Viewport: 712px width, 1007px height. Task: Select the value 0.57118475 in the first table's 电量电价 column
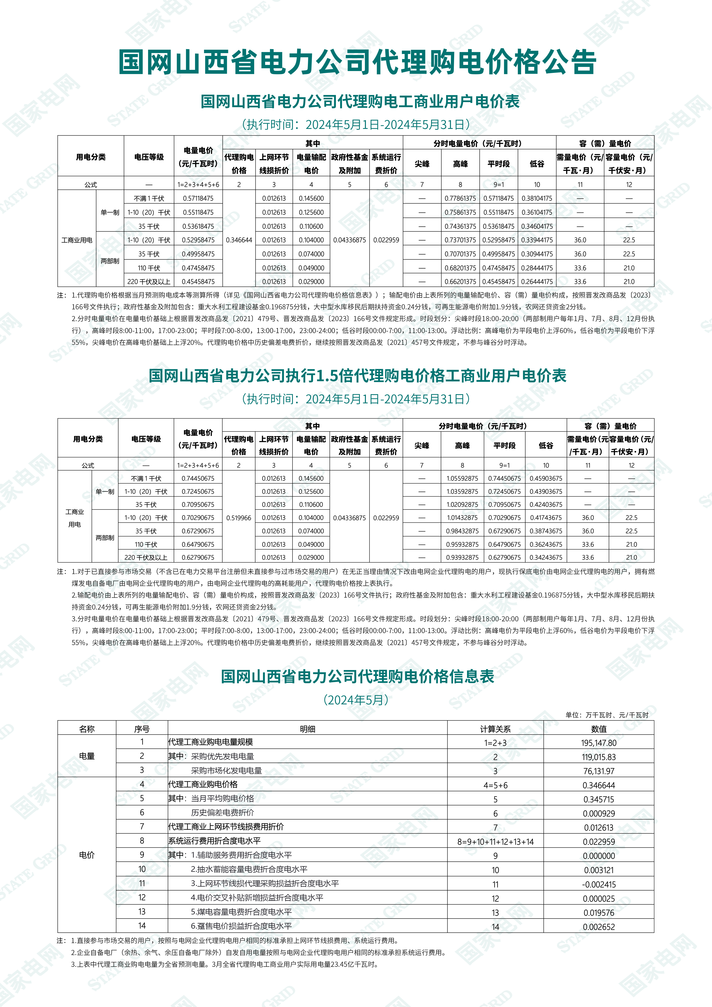point(198,198)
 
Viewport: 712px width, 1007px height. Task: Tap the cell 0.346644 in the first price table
point(239,240)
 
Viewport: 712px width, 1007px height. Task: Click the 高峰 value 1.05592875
point(462,478)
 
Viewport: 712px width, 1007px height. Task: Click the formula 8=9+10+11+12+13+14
point(495,842)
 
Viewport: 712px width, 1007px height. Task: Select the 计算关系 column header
point(495,729)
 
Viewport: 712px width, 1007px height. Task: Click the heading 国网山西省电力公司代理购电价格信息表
point(357,676)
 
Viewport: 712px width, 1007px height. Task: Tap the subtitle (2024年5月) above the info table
point(356,700)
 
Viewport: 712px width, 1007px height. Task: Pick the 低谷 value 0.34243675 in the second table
point(546,557)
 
